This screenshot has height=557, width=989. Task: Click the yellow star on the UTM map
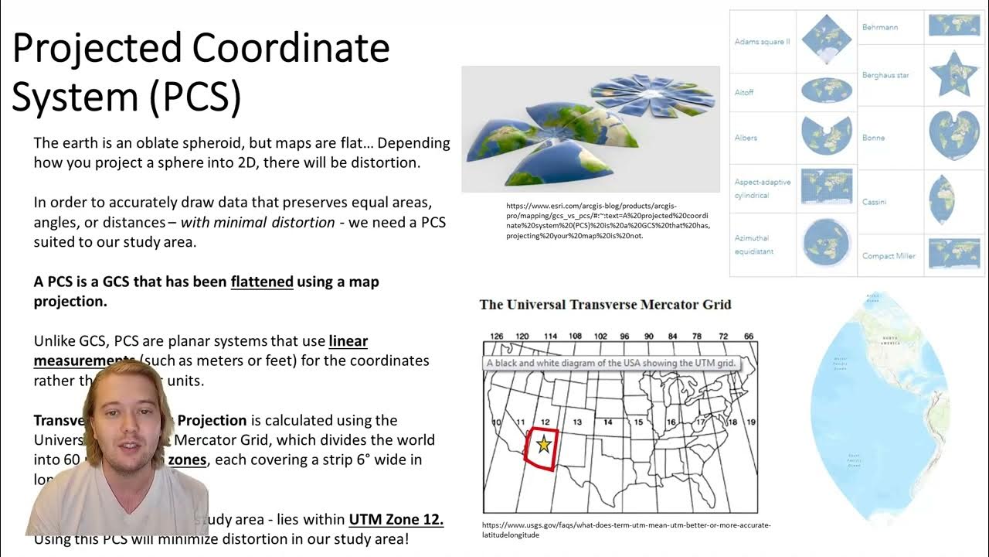click(544, 444)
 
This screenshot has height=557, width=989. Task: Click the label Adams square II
click(762, 42)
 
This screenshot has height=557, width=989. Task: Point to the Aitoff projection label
click(744, 92)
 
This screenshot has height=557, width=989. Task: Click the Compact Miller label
click(889, 256)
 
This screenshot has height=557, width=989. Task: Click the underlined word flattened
click(262, 282)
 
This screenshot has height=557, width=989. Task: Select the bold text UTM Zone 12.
click(396, 519)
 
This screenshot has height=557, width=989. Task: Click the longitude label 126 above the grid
click(498, 337)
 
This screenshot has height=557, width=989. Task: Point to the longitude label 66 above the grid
click(748, 337)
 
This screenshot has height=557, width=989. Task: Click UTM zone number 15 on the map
click(638, 422)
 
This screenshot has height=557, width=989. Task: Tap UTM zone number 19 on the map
click(750, 422)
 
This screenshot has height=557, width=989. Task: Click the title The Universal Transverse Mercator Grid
click(605, 304)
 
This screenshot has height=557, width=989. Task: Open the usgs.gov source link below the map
click(626, 530)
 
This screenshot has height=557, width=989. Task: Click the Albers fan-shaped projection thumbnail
click(826, 135)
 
